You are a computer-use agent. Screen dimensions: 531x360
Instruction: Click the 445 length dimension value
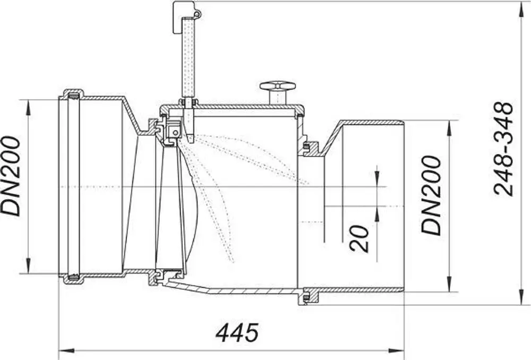[x=237, y=332]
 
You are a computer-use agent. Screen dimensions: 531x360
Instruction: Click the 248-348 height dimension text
[x=503, y=149]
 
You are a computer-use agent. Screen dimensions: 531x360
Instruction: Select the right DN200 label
[x=431, y=195]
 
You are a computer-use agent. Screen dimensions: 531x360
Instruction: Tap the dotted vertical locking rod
[x=189, y=57]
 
